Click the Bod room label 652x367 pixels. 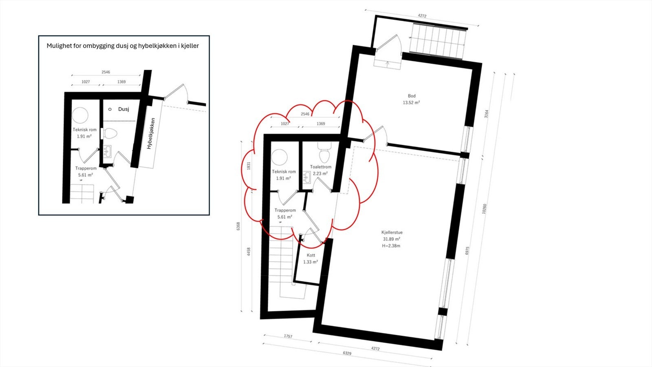[x=412, y=96]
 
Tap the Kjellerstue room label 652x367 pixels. [x=392, y=232]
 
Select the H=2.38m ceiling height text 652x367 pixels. [x=391, y=246]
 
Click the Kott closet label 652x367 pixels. [x=311, y=255]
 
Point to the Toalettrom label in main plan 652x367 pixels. [x=321, y=167]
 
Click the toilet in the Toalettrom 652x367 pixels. [x=324, y=155]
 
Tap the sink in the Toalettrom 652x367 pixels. [x=306, y=177]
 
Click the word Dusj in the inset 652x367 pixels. [x=123, y=109]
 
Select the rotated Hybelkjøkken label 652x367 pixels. [x=151, y=134]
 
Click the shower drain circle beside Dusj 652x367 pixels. [x=110, y=109]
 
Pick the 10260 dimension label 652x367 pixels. [x=484, y=209]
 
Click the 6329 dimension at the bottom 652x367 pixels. [x=347, y=353]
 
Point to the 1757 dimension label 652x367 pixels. [x=288, y=336]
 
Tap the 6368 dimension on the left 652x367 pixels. [x=238, y=226]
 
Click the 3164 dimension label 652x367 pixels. [x=486, y=114]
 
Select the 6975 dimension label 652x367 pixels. [x=467, y=250]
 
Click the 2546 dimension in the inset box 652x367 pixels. [x=106, y=72]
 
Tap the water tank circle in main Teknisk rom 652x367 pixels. [x=280, y=157]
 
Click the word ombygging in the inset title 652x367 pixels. [x=98, y=46]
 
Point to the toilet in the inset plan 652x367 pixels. [x=110, y=133]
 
